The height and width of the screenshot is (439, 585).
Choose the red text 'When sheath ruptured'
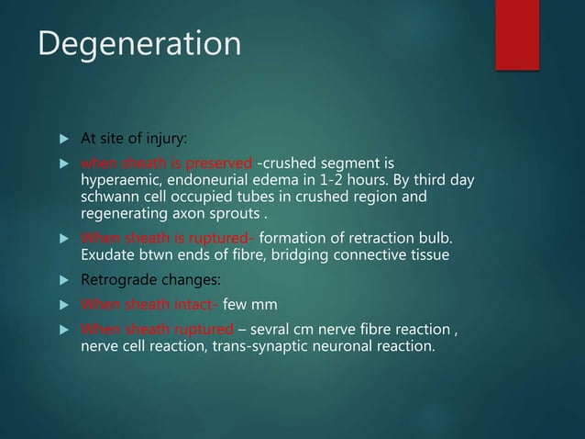click(x=154, y=329)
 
